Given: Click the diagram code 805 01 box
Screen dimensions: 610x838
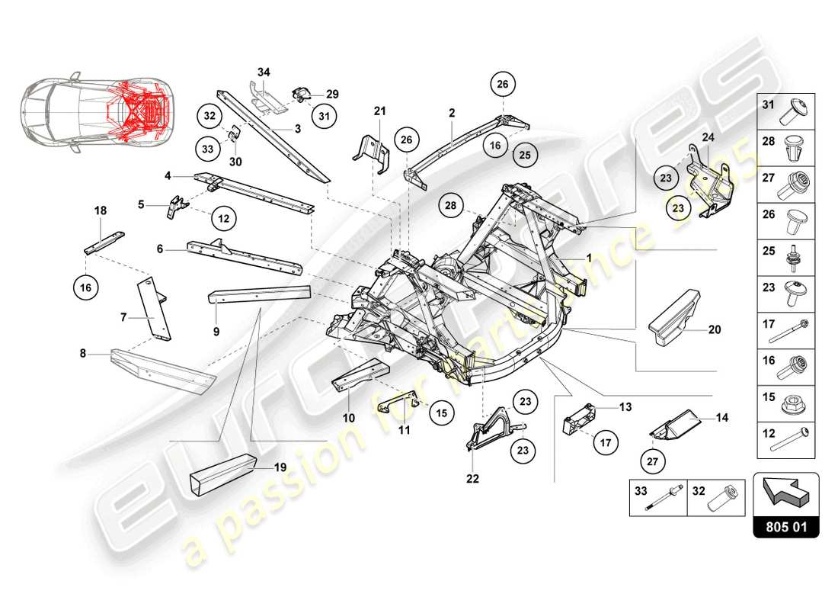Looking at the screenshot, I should pyautogui.click(x=785, y=525).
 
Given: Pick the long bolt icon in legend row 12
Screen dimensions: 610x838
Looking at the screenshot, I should pyautogui.click(x=795, y=441).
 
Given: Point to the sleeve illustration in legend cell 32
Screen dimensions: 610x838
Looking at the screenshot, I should pyautogui.click(x=723, y=499).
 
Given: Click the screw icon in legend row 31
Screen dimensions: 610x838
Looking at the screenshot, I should pyautogui.click(x=795, y=112).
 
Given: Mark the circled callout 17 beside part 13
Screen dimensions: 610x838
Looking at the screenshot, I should pyautogui.click(x=606, y=441).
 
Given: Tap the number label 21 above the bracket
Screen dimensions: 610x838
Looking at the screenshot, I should pyautogui.click(x=380, y=111).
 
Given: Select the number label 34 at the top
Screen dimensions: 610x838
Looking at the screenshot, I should pyautogui.click(x=264, y=72).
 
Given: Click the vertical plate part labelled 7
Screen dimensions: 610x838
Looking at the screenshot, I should pyautogui.click(x=155, y=308).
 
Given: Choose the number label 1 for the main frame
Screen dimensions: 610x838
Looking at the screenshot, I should pyautogui.click(x=589, y=258).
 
